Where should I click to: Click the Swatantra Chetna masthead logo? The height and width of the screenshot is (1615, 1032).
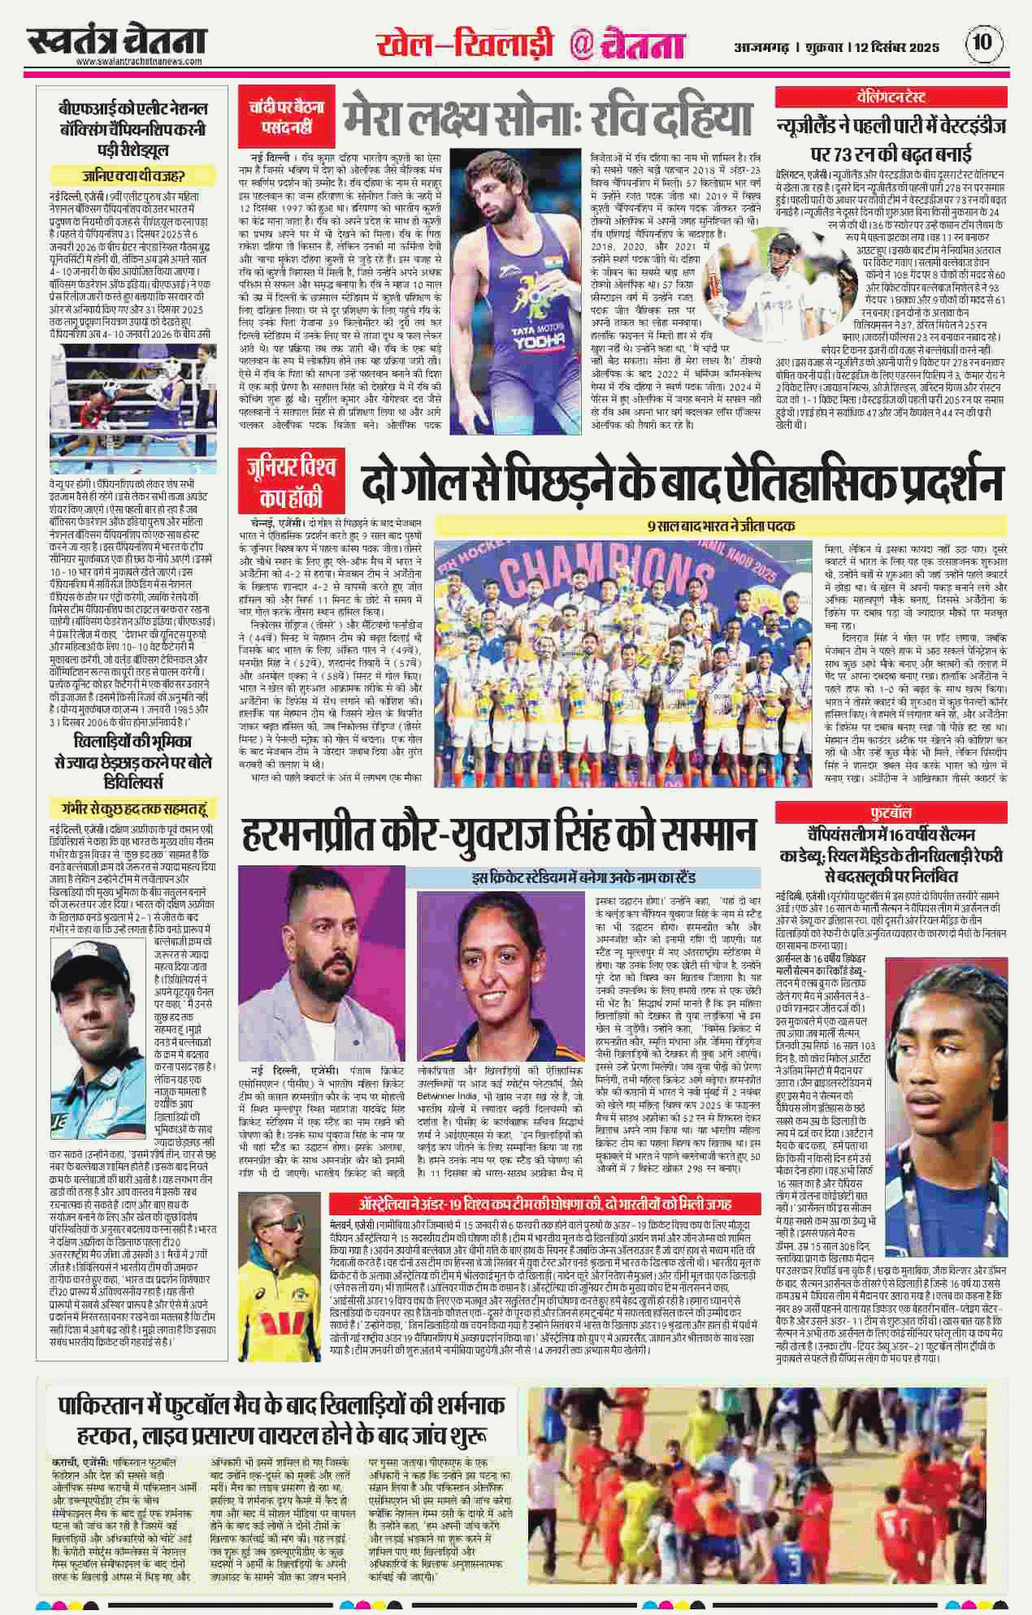[x=115, y=41]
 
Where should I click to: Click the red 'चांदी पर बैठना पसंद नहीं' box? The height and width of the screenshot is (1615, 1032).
[x=286, y=114]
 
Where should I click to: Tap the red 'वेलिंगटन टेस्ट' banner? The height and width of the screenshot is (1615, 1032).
[x=891, y=97]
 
